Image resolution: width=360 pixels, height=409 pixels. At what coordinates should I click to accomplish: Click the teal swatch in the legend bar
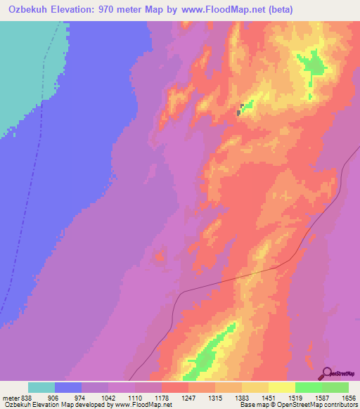pos(41,387)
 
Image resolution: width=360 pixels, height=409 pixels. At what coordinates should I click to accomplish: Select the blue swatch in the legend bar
pos(68,387)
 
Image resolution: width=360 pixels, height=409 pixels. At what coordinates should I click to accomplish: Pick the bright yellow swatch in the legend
pos(282,387)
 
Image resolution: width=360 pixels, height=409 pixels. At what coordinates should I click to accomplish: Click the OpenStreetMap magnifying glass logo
pos(327,373)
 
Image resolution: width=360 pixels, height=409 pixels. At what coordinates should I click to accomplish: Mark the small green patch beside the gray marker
pos(247,105)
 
